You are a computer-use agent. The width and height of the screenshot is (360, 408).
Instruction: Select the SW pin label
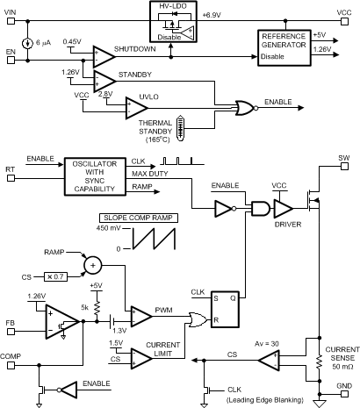pyautogui.click(x=345, y=160)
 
